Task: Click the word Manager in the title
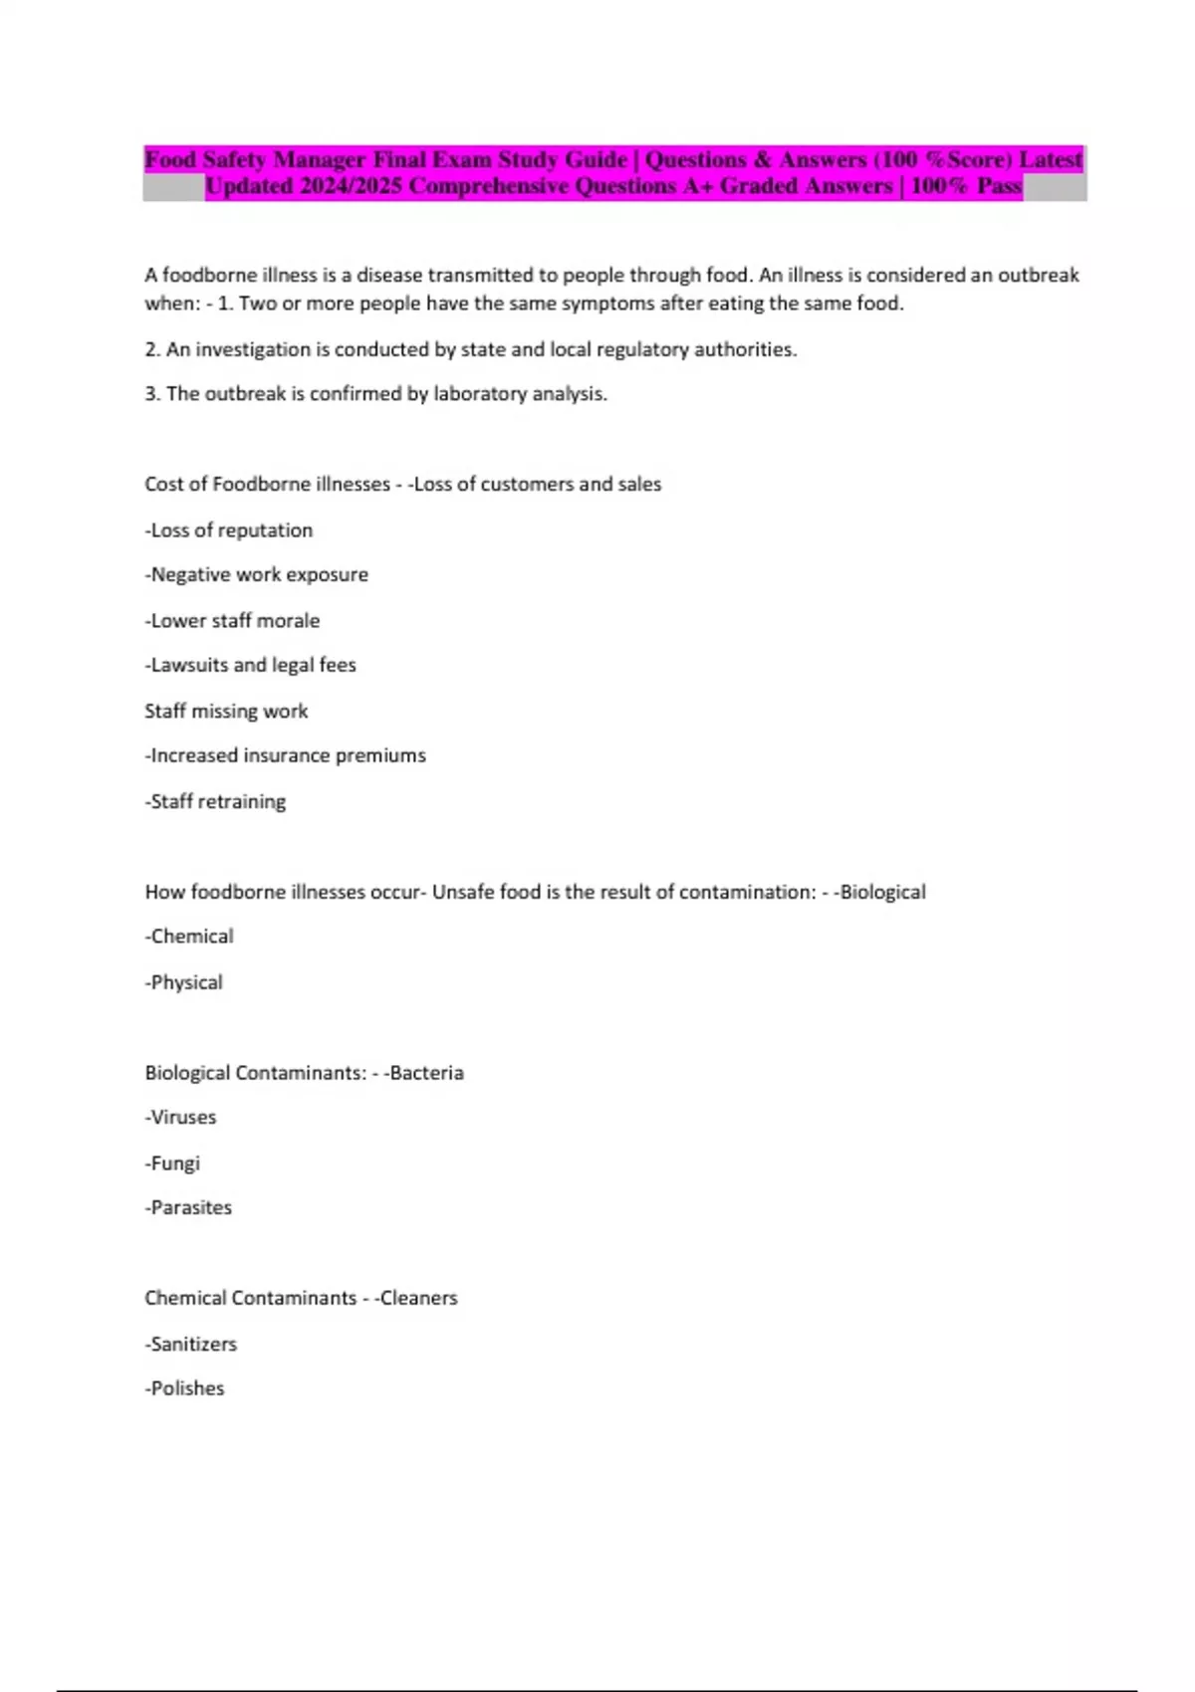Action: click(319, 159)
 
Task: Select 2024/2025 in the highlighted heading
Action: click(350, 186)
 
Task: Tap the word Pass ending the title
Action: click(999, 186)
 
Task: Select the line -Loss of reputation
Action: click(229, 530)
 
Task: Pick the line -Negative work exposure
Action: click(257, 575)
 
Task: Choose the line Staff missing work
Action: click(226, 711)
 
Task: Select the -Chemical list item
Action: click(189, 937)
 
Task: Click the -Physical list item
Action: click(184, 982)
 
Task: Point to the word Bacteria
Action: click(426, 1073)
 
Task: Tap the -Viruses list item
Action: click(180, 1118)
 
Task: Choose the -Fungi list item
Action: click(172, 1163)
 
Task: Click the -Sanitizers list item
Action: click(191, 1344)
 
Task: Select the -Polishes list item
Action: click(185, 1388)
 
